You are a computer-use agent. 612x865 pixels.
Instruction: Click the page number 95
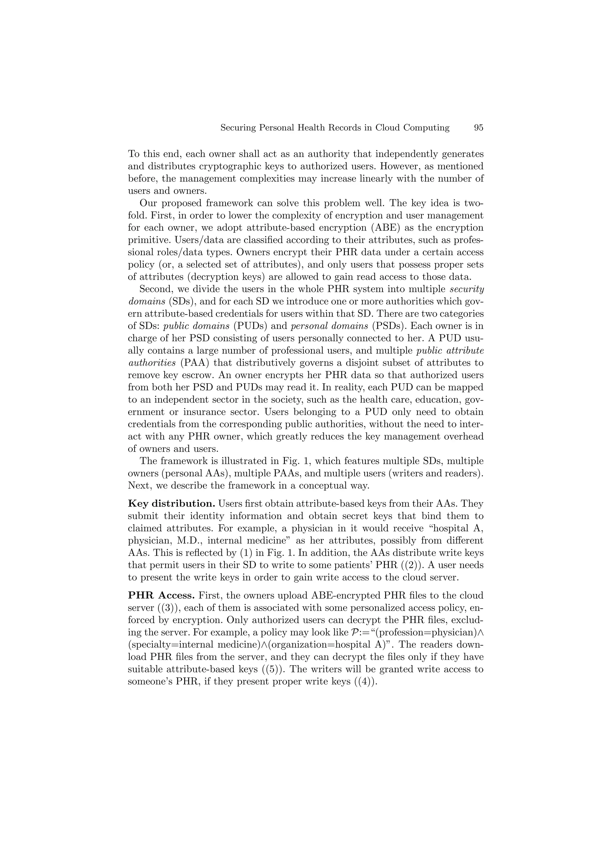[478, 128]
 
